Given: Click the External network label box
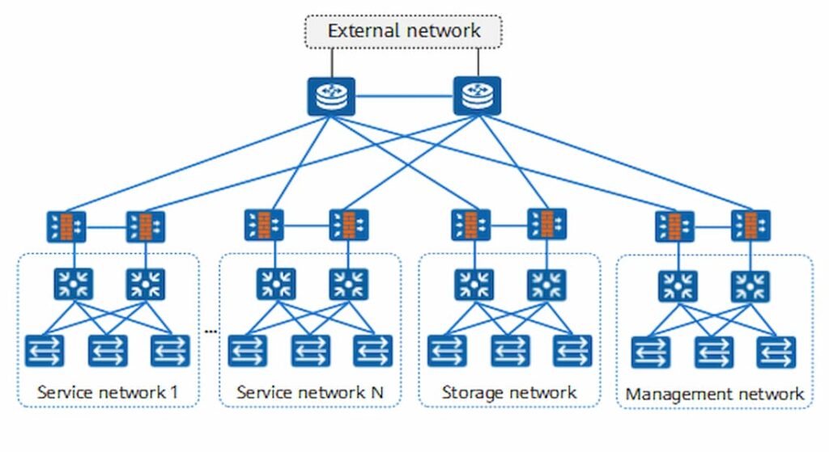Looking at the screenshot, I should pyautogui.click(x=403, y=32).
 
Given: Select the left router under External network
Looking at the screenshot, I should pyautogui.click(x=330, y=95).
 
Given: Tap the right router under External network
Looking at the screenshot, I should pyautogui.click(x=477, y=95).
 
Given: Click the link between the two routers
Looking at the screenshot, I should pyautogui.click(x=403, y=95).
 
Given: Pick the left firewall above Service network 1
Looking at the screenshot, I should pyautogui.click(x=66, y=227).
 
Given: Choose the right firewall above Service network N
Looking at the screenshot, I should pyautogui.click(x=349, y=226).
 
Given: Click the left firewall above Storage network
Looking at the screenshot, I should pyautogui.click(x=470, y=226).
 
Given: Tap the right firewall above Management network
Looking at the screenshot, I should pyautogui.click(x=750, y=226).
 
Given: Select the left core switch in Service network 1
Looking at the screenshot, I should pyautogui.click(x=74, y=284).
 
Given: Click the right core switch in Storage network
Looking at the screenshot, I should pyautogui.click(x=548, y=284).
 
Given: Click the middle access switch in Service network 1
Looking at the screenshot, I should pyautogui.click(x=108, y=349).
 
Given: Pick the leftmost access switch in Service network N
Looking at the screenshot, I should pyautogui.click(x=247, y=349).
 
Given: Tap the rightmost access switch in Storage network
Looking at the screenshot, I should pyautogui.click(x=572, y=349).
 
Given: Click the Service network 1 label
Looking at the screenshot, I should pyautogui.click(x=108, y=393).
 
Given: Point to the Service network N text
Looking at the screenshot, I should pyautogui.click(x=310, y=393).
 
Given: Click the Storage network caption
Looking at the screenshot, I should pyautogui.click(x=509, y=393).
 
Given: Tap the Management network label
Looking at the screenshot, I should pyautogui.click(x=715, y=395).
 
